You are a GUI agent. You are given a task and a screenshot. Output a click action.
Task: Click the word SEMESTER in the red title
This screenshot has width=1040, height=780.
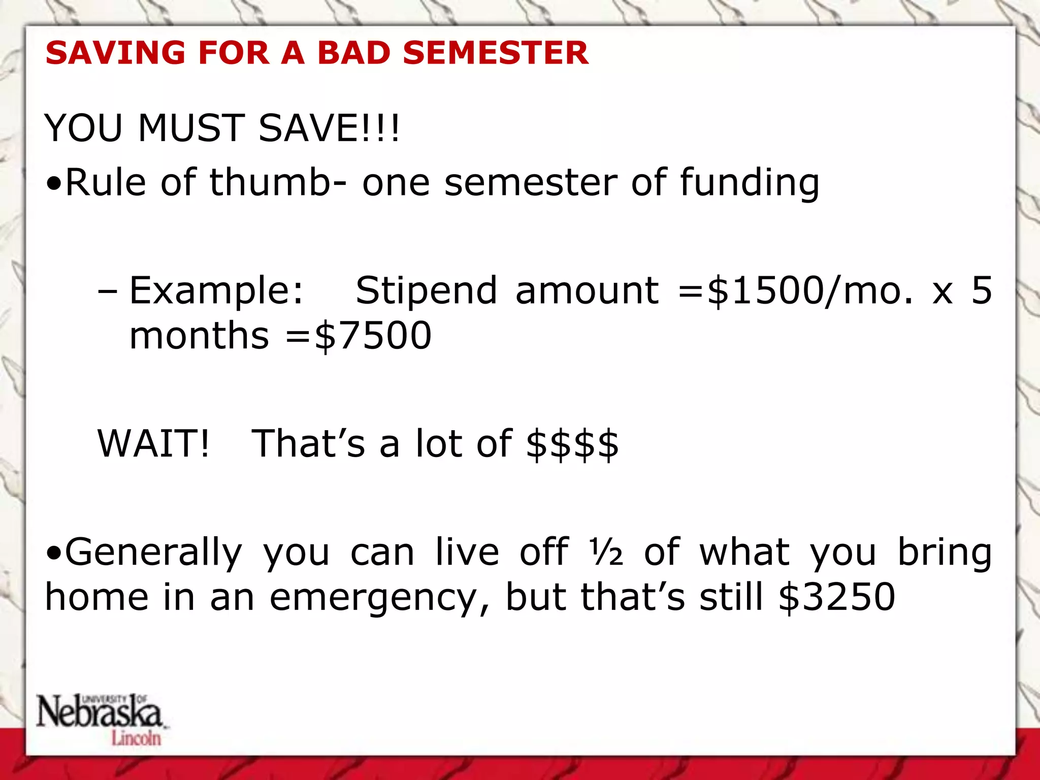496,53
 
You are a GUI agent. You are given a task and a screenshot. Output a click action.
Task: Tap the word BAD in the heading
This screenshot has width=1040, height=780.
353,53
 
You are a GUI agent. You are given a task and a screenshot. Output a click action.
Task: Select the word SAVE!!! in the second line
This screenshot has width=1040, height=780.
329,128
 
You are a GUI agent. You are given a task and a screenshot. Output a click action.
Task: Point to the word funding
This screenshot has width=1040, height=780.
750,183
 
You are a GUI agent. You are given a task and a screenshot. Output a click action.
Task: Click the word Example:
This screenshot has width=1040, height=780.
216,290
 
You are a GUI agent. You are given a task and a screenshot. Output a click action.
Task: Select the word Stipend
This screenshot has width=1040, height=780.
426,290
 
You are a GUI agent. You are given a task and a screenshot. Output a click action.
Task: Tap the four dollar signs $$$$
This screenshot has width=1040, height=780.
572,444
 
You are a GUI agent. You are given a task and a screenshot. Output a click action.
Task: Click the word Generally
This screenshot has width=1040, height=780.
154,552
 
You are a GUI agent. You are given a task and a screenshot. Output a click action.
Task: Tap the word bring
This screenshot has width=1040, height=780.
945,552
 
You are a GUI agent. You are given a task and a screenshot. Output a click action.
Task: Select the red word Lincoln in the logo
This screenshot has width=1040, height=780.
136,738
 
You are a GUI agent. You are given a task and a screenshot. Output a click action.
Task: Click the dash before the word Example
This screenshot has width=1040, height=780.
107,291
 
